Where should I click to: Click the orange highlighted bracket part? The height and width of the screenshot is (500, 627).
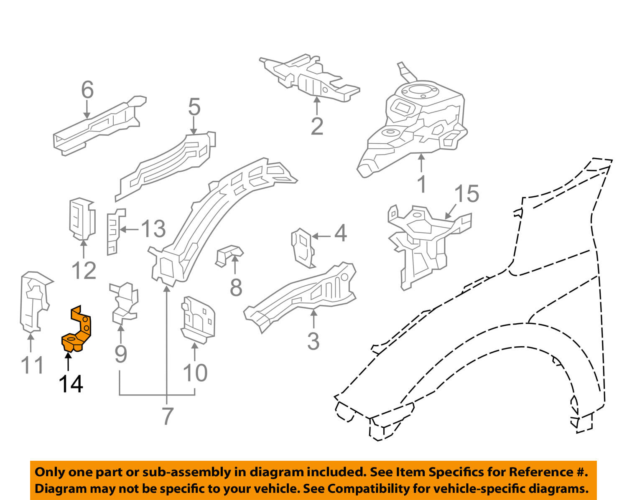tap(78, 330)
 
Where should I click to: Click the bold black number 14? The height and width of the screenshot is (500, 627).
tap(71, 384)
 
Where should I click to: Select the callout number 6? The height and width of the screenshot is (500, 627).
tap(87, 90)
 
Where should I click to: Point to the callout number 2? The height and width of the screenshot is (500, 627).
tap(317, 126)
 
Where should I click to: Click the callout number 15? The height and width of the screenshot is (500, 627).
tap(466, 194)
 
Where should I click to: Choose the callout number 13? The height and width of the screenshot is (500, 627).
tap(153, 229)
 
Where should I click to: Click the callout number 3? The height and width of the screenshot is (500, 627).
tap(313, 341)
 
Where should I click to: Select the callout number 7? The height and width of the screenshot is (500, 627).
tap(167, 416)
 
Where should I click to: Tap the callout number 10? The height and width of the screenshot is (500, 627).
tap(195, 373)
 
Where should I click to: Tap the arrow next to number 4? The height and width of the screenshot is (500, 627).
tap(321, 236)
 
